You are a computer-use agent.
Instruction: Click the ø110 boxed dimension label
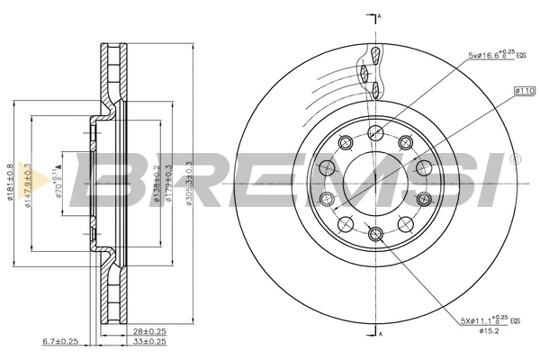click(525, 91)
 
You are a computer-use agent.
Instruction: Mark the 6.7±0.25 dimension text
click(61, 342)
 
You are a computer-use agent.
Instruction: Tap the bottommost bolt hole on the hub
click(376, 235)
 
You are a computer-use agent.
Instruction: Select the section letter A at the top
click(381, 18)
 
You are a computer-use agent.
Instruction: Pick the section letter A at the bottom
click(381, 335)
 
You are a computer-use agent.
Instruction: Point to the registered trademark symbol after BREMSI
click(514, 160)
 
